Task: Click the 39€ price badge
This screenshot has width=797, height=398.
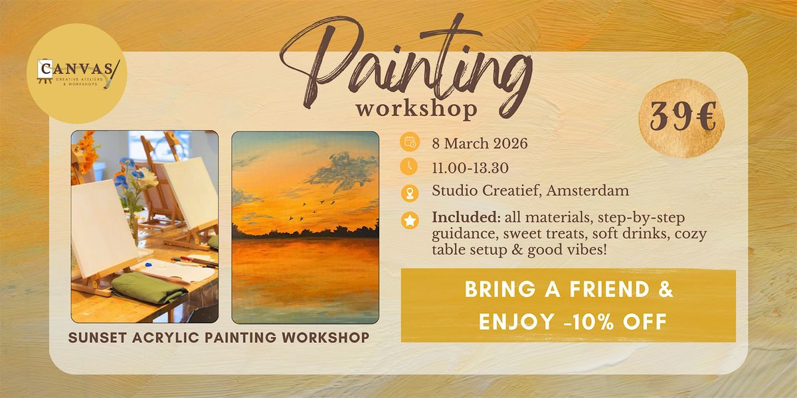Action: (681, 118)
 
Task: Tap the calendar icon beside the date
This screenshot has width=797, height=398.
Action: (409, 142)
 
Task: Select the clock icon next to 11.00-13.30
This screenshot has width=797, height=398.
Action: (409, 166)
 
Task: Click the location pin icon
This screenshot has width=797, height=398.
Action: (410, 194)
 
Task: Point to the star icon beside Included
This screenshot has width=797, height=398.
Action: (410, 220)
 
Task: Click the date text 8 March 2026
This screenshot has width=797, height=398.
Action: (480, 143)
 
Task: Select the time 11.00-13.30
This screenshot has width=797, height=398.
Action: (470, 168)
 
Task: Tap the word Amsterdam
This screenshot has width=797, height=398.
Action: (587, 191)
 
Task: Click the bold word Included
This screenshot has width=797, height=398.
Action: (466, 218)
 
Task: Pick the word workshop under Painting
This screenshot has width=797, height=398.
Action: (416, 109)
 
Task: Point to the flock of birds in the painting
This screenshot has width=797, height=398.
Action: (312, 210)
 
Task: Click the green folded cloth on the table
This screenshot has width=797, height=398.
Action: (149, 287)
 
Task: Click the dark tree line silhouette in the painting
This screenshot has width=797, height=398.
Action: (305, 232)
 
